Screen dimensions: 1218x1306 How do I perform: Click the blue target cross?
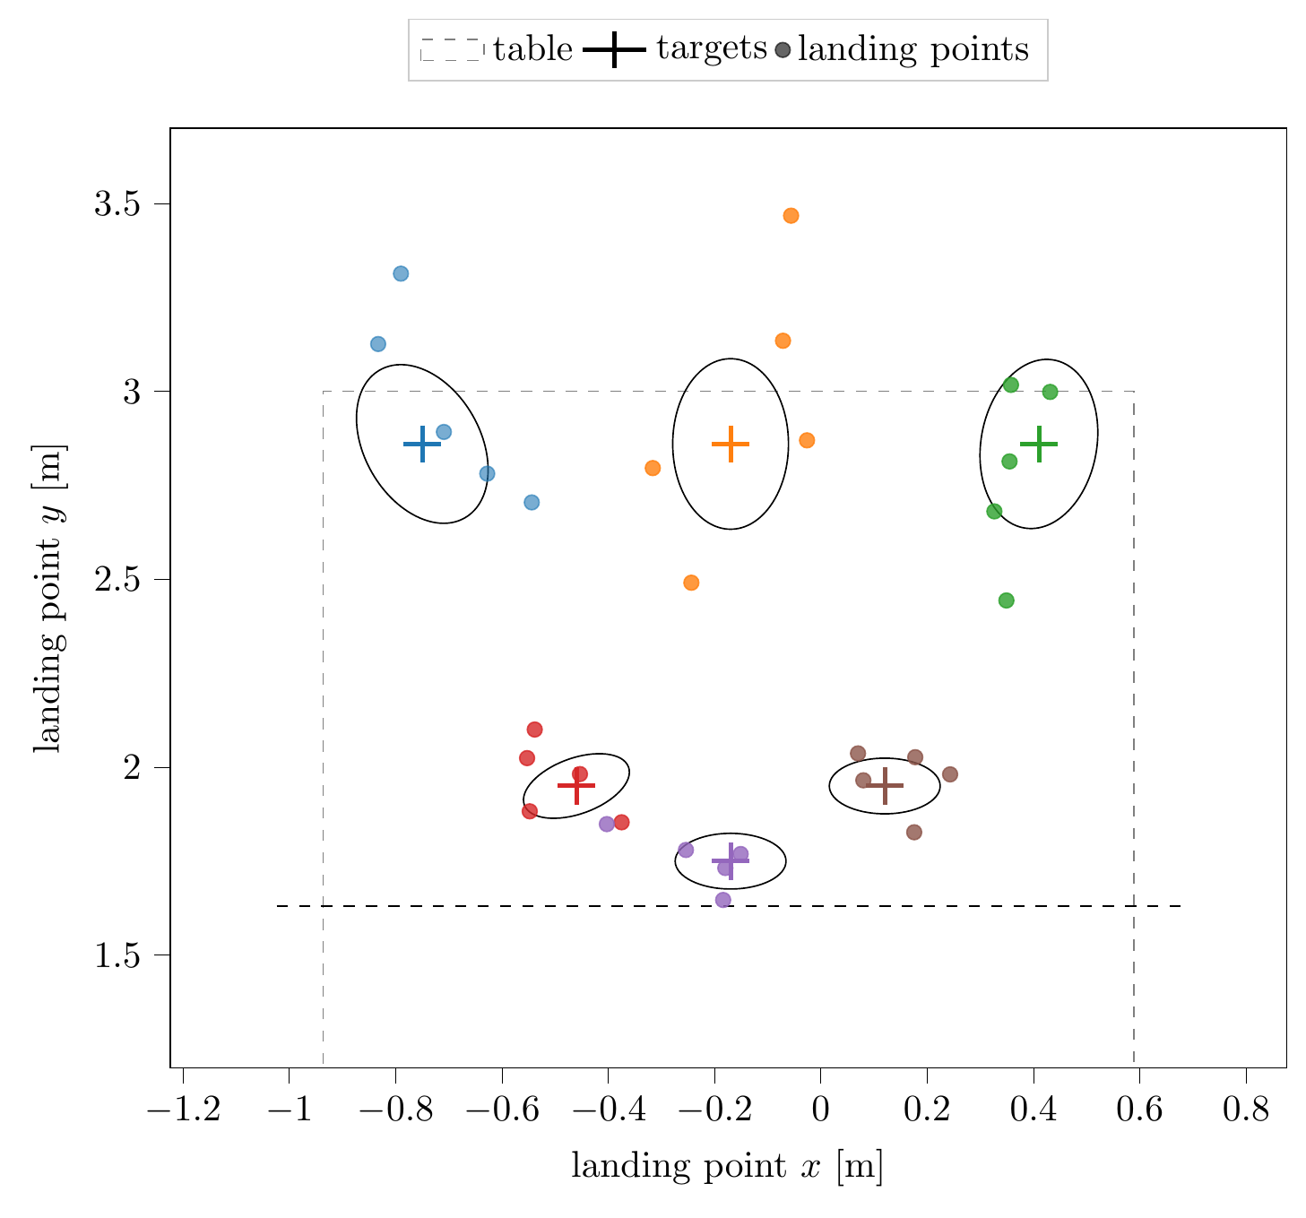click(x=422, y=445)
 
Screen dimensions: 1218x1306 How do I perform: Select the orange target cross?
click(x=731, y=444)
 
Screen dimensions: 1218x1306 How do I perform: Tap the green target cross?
click(x=1039, y=444)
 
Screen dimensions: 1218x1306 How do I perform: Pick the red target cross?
click(x=576, y=785)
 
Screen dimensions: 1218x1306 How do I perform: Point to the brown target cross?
click(x=885, y=785)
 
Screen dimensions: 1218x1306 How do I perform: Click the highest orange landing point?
click(x=791, y=216)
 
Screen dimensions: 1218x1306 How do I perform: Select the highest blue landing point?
click(x=401, y=273)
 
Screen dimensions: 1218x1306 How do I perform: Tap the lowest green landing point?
click(x=1006, y=600)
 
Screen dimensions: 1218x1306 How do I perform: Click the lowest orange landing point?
click(x=691, y=583)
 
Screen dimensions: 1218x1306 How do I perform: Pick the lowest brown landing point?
click(x=914, y=832)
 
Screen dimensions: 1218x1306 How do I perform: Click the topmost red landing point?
click(x=534, y=730)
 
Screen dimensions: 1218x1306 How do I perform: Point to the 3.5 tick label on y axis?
click(x=118, y=204)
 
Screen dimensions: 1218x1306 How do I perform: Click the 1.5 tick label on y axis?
click(x=118, y=955)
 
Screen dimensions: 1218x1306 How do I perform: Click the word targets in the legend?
click(x=712, y=49)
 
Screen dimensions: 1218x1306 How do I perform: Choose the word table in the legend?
click(x=532, y=49)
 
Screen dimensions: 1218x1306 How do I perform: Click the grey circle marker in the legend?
click(x=783, y=50)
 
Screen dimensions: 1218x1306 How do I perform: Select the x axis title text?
click(x=727, y=1167)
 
